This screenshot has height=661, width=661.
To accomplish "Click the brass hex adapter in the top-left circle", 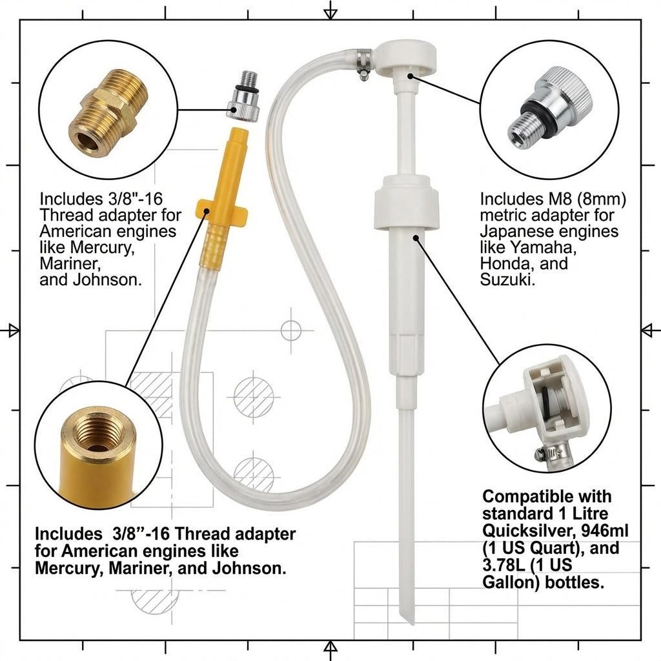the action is tap(108, 114).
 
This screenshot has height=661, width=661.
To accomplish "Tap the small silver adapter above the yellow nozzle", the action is tap(243, 97).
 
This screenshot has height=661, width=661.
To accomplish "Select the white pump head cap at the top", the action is tap(405, 57).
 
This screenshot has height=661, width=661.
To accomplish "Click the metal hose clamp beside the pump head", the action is tap(363, 63).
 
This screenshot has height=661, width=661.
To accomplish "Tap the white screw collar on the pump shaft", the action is tap(407, 203).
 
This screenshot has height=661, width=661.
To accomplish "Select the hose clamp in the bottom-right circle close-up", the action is tap(553, 453).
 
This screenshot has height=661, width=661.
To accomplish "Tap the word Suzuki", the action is tap(507, 279).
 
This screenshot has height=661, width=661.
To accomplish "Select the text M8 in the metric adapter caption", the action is tap(553, 199).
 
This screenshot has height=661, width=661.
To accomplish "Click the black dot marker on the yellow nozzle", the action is tap(207, 210).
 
